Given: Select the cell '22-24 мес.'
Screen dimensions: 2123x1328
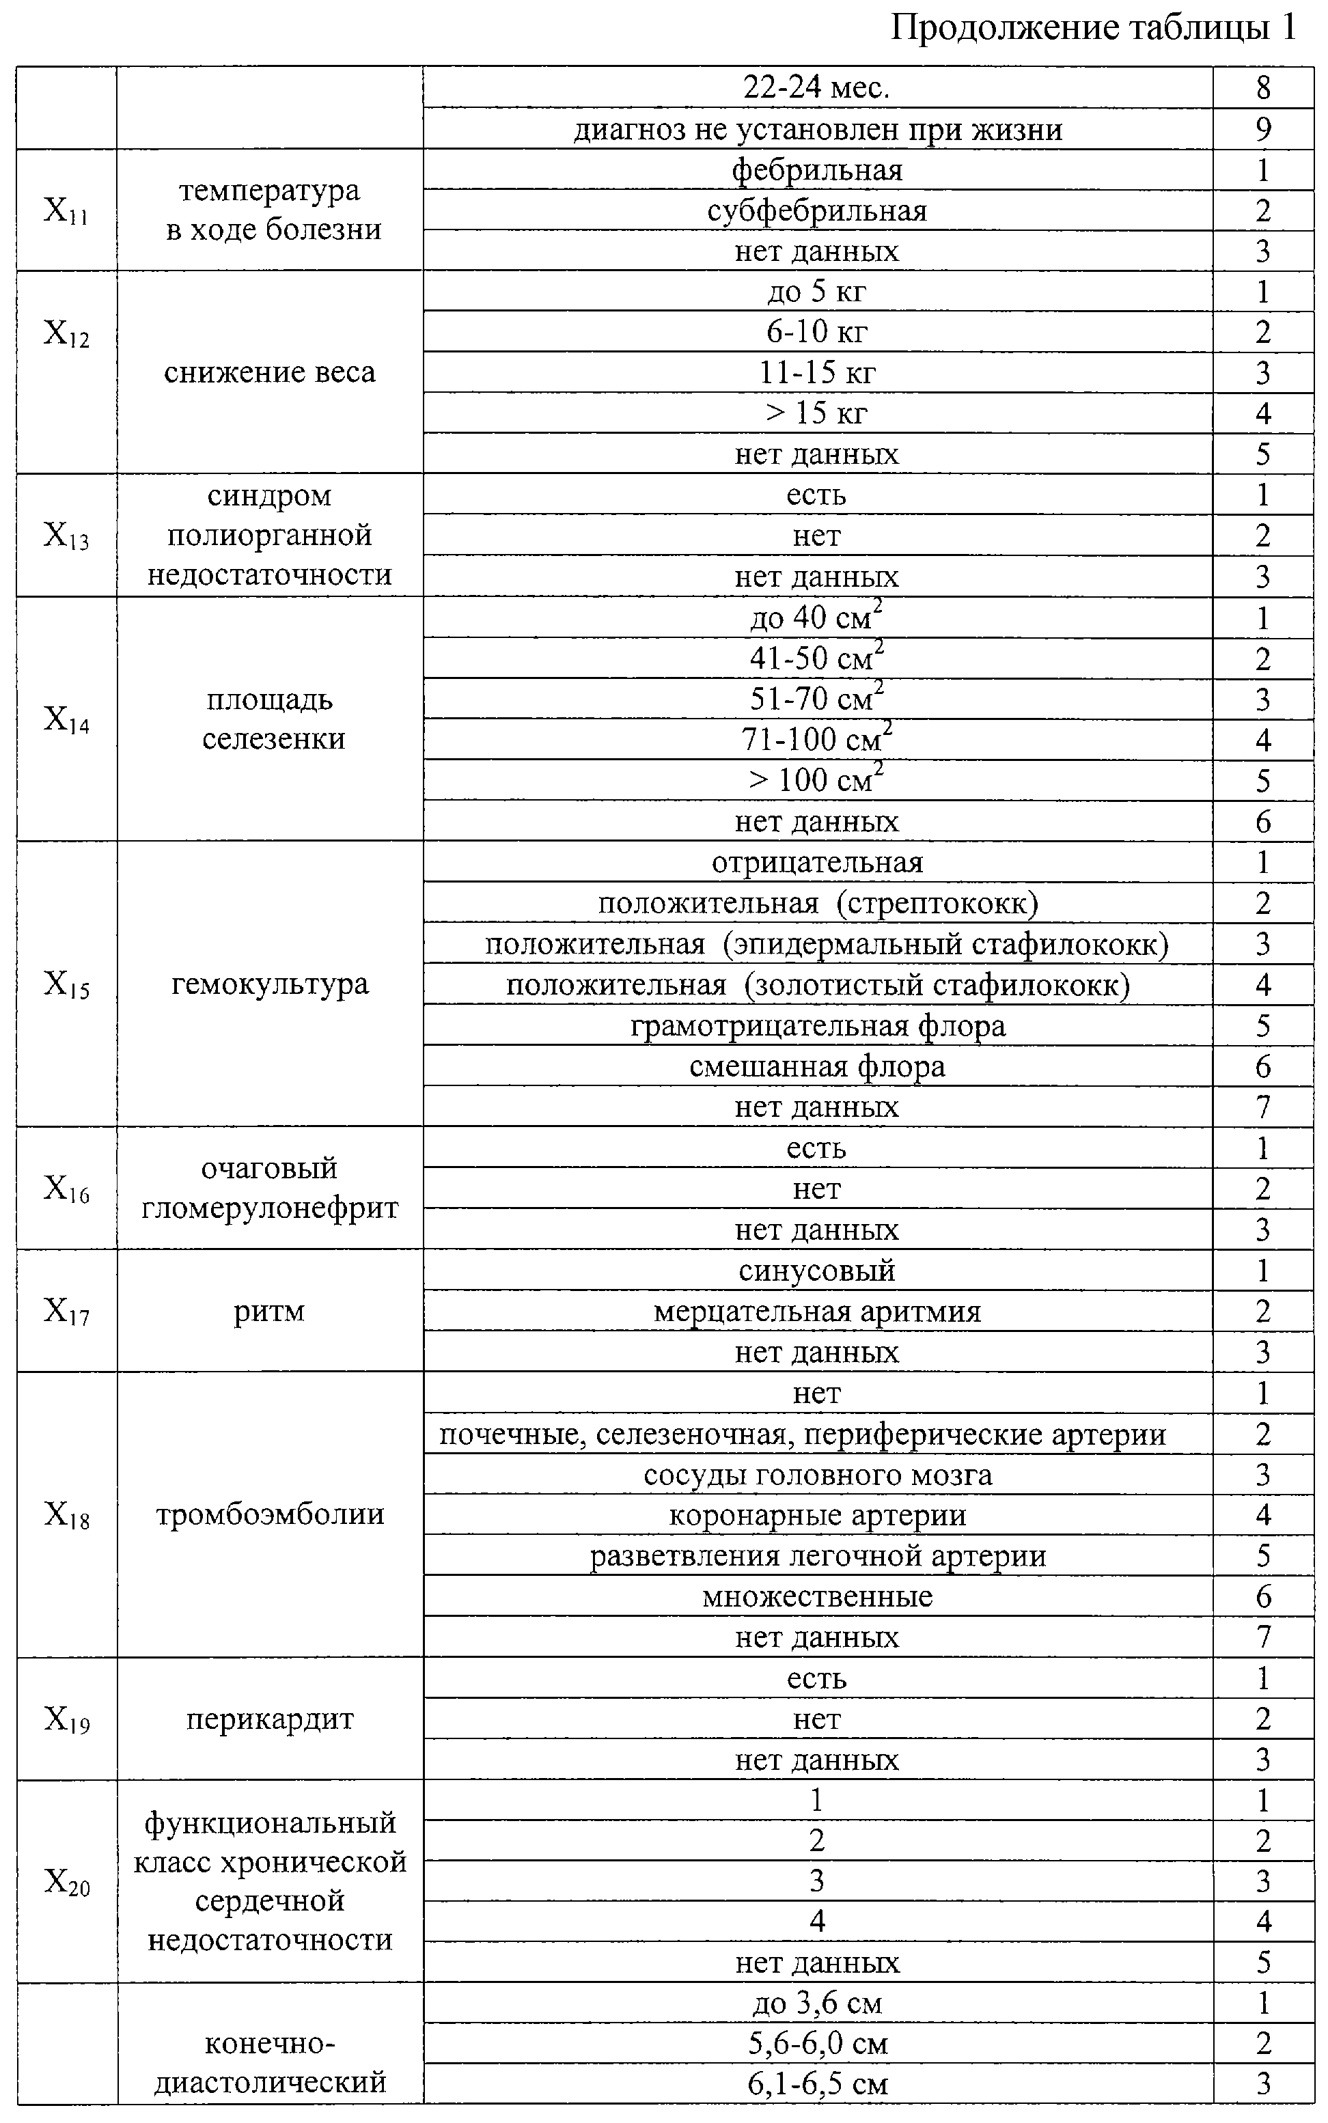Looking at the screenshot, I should pos(817,88).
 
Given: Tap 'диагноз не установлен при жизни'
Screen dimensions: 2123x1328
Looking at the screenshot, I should pos(817,129).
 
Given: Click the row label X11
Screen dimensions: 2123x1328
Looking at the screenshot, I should pos(67,210).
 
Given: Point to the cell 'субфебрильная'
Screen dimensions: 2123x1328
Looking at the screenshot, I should pos(817,210).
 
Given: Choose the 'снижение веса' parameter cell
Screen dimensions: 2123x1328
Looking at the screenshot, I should pos(270,372).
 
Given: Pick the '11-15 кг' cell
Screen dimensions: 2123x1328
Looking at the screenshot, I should pos(817,372).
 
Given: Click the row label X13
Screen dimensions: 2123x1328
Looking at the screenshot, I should pos(67,536).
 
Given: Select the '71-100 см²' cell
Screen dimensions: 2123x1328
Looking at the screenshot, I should pos(817,739).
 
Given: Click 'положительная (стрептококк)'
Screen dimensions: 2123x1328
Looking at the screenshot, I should pos(817,902).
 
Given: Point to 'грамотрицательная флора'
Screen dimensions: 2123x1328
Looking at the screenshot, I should pos(817,1025).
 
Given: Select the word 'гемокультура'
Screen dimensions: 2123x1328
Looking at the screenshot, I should pos(270,984).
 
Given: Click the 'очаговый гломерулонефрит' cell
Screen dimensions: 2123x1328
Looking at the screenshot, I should pos(270,1188).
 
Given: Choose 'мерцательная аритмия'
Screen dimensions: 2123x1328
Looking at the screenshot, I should pos(817,1311).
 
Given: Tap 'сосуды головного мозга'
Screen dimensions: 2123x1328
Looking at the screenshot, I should pos(817,1474).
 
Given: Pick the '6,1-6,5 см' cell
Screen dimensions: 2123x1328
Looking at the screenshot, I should pos(817,2083).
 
